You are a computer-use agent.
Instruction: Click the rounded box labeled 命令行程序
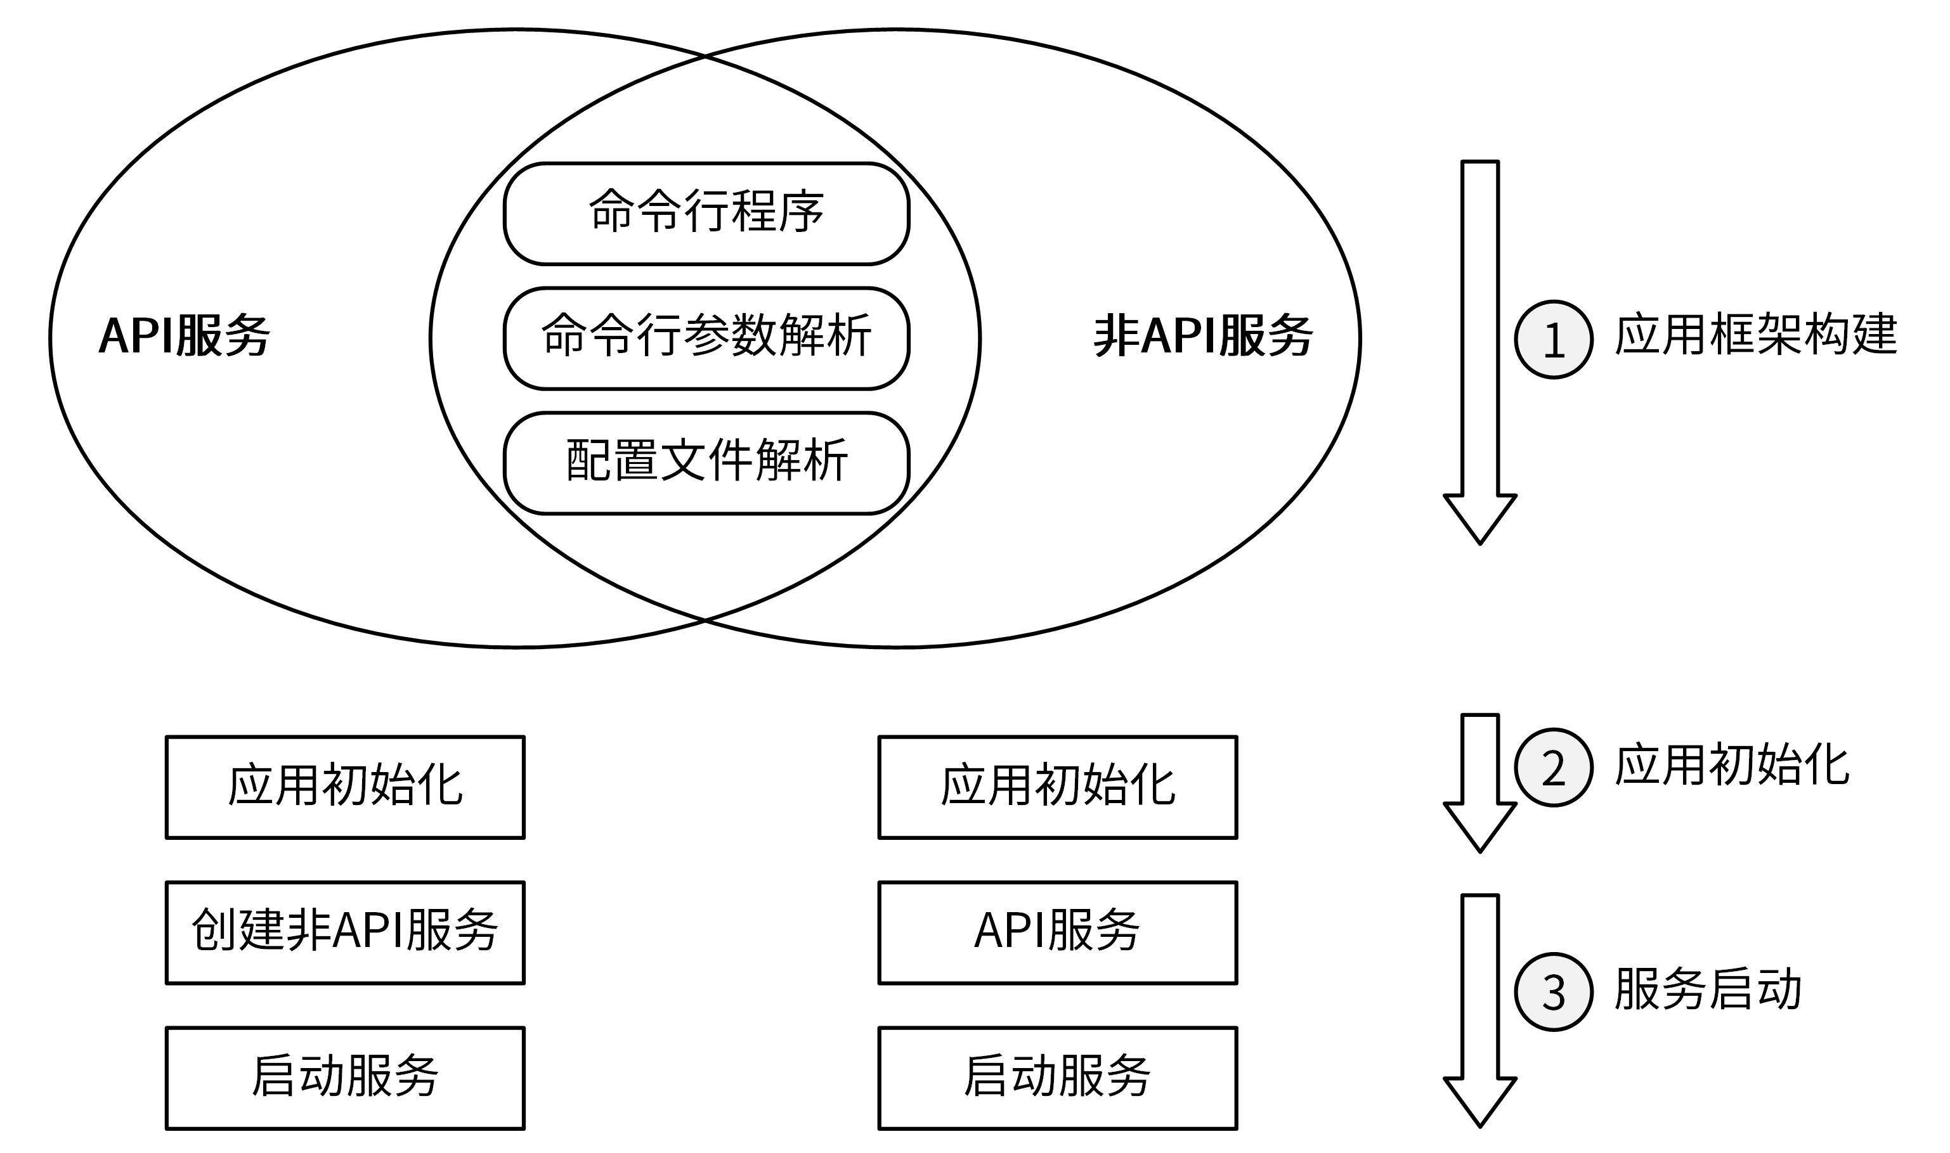point(706,214)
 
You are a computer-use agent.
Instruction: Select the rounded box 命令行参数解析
point(706,338)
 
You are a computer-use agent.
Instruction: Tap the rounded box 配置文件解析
point(706,463)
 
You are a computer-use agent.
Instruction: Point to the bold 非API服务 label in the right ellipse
point(1203,337)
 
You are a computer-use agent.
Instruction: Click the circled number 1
point(1554,340)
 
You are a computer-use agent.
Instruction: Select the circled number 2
point(1554,768)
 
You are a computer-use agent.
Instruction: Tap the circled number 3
point(1554,992)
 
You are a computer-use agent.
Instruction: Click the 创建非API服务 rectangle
point(345,932)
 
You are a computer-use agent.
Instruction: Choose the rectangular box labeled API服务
point(1057,932)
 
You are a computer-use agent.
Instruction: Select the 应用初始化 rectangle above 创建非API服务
point(345,787)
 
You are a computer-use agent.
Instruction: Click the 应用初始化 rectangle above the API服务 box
point(1057,787)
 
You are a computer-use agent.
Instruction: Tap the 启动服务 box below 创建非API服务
point(345,1078)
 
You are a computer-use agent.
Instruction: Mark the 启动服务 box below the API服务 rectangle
point(1057,1078)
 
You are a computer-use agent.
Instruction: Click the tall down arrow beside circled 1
point(1480,350)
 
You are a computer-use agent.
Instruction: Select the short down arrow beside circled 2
point(1480,781)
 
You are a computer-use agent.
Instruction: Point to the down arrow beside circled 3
point(1480,1010)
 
